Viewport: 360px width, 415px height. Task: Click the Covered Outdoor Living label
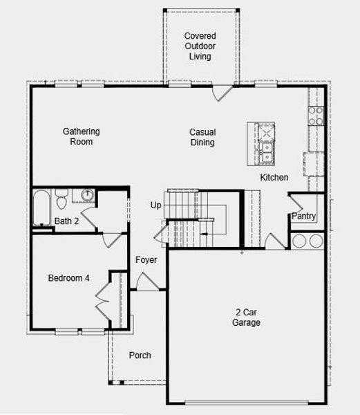(200, 46)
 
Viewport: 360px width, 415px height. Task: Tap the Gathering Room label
(82, 136)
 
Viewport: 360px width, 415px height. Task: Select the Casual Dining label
(202, 137)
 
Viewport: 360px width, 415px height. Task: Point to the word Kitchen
(274, 177)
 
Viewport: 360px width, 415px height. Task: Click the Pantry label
(304, 216)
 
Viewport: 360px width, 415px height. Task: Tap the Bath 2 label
(66, 221)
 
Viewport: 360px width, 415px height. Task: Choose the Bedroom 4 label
(68, 278)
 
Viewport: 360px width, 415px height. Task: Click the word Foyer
(146, 260)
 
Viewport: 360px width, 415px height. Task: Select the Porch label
(140, 356)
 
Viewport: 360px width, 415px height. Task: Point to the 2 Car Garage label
(246, 317)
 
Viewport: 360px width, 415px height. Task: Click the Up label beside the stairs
(155, 205)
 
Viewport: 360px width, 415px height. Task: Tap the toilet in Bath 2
(61, 199)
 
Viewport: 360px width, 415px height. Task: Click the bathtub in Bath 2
(41, 207)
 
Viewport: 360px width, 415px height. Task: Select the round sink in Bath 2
(87, 195)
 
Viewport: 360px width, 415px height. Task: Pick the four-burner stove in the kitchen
(316, 116)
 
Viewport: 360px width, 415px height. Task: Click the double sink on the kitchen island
(267, 152)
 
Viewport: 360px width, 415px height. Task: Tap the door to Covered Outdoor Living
(222, 93)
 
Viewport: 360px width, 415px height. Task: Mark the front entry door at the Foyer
(147, 282)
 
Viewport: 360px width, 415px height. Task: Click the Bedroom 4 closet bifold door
(102, 301)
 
